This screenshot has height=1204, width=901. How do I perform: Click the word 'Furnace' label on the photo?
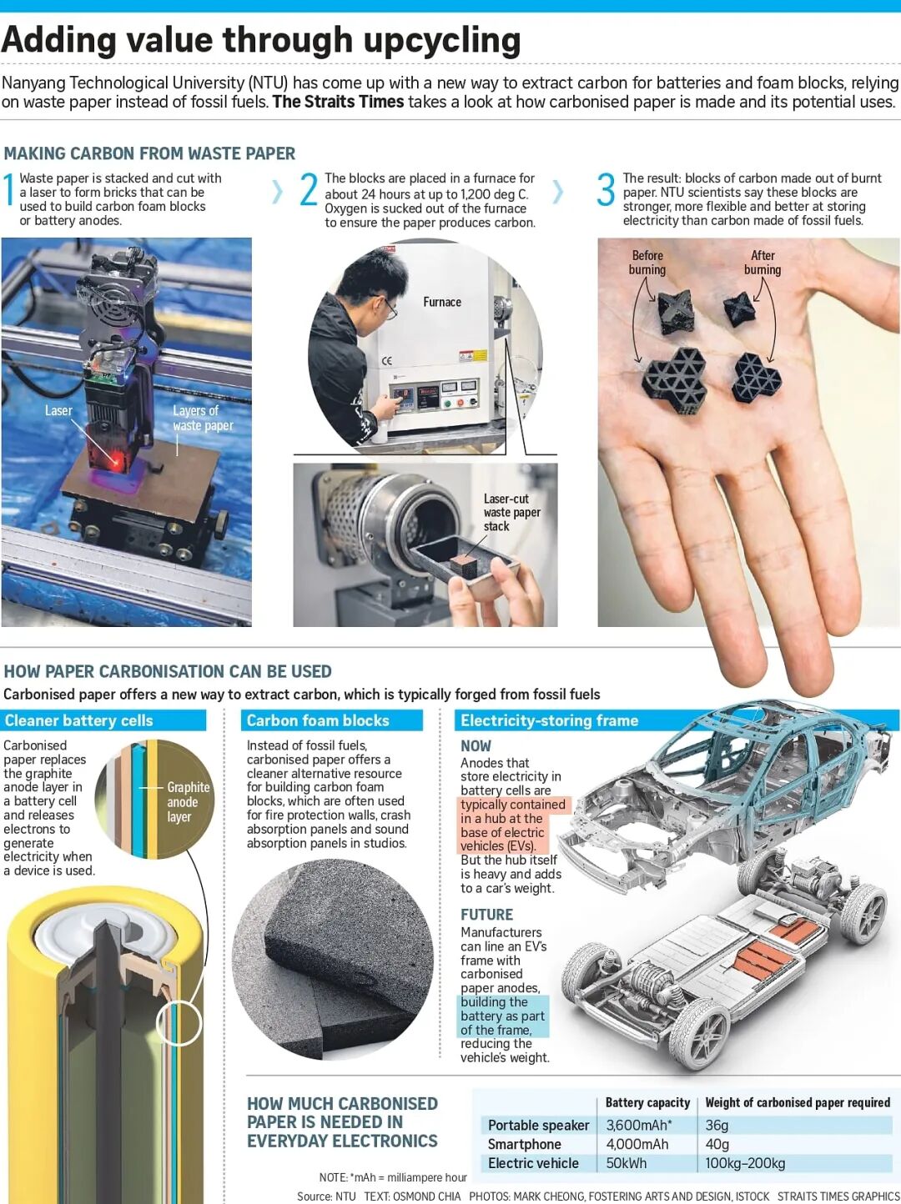pos(441,302)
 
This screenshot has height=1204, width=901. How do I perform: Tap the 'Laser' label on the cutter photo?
pos(58,410)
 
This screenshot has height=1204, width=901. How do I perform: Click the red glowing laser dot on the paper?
pos(116,462)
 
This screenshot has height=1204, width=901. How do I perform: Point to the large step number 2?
pos(309,189)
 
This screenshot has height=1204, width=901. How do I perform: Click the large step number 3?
pos(606,190)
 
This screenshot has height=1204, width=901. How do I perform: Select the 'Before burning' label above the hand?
pos(647,262)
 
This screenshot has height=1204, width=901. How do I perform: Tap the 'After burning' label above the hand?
pos(763,262)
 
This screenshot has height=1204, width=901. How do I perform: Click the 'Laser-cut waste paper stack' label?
pos(511,512)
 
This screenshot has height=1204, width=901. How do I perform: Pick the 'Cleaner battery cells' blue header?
pos(79,720)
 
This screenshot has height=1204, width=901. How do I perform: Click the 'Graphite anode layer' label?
pos(189,801)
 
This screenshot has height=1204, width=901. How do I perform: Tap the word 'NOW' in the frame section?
pos(476,746)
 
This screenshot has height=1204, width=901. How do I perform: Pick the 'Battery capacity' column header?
pos(647,1102)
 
